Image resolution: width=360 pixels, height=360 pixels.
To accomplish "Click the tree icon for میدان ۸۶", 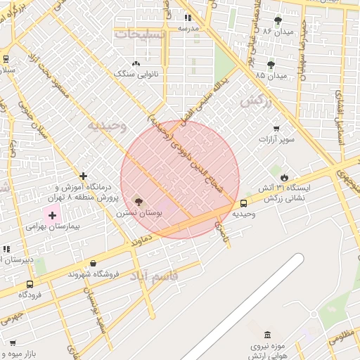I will pyautogui.click(x=278, y=20).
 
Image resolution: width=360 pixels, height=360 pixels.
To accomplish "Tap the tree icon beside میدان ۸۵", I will pyautogui.click(x=271, y=65).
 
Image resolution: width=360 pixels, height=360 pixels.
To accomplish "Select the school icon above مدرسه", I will pyautogui.click(x=187, y=18).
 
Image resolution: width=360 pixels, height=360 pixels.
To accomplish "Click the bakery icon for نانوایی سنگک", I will pyautogui.click(x=136, y=63).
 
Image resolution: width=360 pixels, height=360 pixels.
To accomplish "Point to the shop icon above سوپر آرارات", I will pyautogui.click(x=276, y=129).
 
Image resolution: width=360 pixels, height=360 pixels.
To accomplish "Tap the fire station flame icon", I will pyautogui.click(x=284, y=177).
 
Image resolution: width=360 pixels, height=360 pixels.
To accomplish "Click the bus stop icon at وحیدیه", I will pyautogui.click(x=243, y=203).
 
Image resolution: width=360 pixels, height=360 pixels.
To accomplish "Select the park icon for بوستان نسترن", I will pyautogui.click(x=138, y=202).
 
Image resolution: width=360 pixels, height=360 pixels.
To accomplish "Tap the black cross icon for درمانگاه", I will pyautogui.click(x=84, y=176).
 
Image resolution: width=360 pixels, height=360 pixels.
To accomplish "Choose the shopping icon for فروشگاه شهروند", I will pyautogui.click(x=93, y=264).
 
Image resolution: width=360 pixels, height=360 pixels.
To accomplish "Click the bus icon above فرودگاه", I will pyautogui.click(x=30, y=284).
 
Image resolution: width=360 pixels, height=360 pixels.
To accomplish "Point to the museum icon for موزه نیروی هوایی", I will pyautogui.click(x=266, y=336).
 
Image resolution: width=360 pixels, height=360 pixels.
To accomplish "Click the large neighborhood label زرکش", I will pyautogui.click(x=255, y=102).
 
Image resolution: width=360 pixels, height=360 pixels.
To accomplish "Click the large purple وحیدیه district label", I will pyautogui.click(x=107, y=126).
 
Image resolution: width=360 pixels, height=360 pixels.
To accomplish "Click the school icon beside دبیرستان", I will pyautogui.click(x=6, y=248).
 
